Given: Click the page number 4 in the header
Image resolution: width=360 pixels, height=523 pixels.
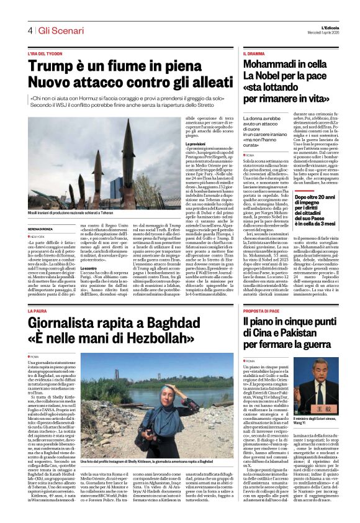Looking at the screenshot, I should tap(29, 30).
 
